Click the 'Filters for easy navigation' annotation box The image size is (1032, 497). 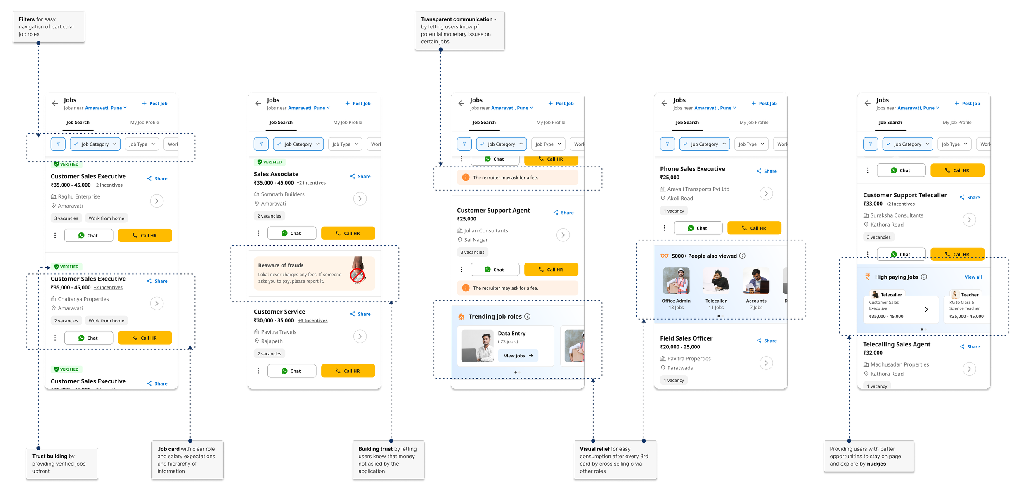49,27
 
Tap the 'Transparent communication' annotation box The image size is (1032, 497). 459,31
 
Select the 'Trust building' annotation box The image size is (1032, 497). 62,464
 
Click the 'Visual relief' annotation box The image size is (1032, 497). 615,460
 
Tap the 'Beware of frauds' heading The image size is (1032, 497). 281,265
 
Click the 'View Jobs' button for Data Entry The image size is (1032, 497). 518,356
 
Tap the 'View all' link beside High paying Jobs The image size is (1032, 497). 973,277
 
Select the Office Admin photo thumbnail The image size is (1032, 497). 676,281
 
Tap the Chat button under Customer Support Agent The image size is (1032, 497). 495,270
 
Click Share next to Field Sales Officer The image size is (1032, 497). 767,341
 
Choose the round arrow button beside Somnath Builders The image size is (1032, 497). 360,199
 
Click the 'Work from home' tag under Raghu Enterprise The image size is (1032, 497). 106,218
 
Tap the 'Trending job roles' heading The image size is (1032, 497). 495,317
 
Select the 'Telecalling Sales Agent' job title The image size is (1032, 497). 897,344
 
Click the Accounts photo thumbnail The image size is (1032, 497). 756,281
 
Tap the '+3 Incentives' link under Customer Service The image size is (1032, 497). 312,320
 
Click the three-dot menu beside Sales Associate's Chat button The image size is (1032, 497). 258,233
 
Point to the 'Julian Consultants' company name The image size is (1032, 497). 486,231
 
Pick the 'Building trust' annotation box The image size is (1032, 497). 388,460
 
